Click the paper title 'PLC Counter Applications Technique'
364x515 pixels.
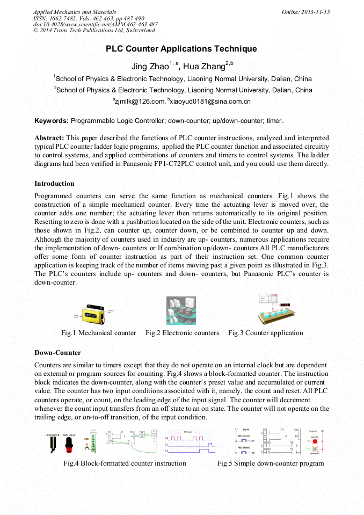click(x=181, y=49)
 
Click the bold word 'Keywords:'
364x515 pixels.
click(x=52, y=121)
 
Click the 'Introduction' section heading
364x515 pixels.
click(x=54, y=184)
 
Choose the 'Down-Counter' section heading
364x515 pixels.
click(x=57, y=353)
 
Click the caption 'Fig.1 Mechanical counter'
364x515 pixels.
click(x=99, y=333)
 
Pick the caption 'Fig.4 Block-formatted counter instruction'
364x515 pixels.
click(x=125, y=463)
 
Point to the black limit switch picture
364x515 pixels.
click(x=53, y=445)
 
